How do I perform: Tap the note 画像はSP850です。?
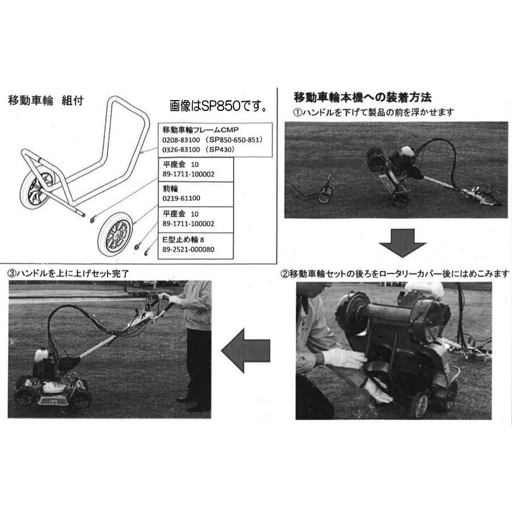[x=218, y=106]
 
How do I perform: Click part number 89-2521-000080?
[x=188, y=249]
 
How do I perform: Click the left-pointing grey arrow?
[x=245, y=350]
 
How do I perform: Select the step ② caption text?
[x=395, y=274]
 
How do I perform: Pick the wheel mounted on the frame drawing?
[x=36, y=191]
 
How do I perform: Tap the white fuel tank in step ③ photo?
[x=41, y=356]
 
